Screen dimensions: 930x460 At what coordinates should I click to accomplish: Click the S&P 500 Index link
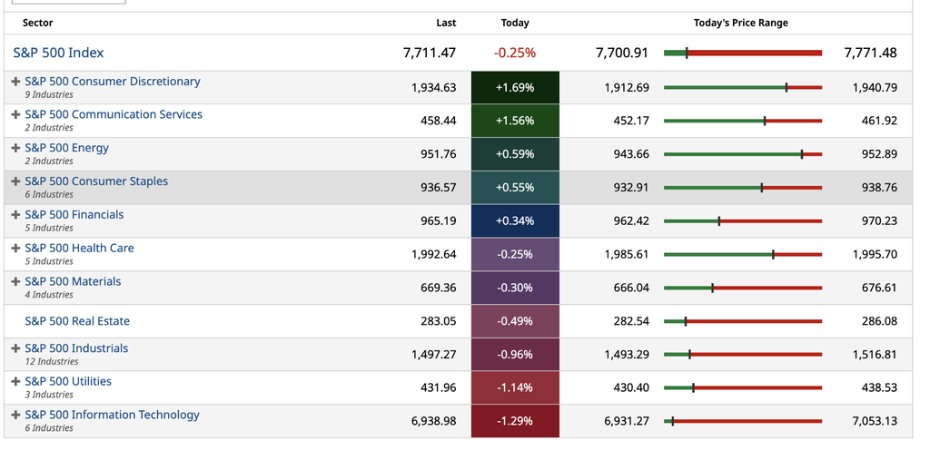(58, 53)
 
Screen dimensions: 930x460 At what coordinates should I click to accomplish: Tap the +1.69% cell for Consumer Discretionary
(515, 88)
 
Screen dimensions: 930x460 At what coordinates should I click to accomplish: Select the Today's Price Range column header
(741, 23)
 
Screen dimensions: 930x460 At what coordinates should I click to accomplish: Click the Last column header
(446, 23)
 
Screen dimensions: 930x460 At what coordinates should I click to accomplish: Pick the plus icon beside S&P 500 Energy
(16, 148)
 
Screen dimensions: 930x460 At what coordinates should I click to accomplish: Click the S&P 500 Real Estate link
(77, 321)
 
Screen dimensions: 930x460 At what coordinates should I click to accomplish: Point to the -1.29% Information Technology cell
(515, 421)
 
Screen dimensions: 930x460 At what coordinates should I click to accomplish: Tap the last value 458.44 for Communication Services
(439, 121)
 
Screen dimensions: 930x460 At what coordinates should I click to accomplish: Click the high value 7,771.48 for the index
(870, 53)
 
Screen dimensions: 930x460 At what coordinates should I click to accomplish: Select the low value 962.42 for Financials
(631, 221)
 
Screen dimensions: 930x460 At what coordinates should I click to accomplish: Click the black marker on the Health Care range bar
(774, 254)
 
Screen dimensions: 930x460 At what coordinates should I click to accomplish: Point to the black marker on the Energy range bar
(802, 154)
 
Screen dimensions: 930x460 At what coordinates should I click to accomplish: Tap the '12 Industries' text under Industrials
(52, 362)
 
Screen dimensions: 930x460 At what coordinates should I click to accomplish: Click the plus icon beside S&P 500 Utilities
(16, 381)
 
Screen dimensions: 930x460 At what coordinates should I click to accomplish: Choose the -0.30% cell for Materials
(515, 288)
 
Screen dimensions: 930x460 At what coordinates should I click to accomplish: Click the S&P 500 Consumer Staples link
(96, 181)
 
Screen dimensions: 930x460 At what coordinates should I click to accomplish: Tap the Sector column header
(37, 23)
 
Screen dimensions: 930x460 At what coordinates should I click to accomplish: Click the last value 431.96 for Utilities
(439, 387)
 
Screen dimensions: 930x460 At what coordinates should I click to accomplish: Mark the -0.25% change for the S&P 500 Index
(515, 53)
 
